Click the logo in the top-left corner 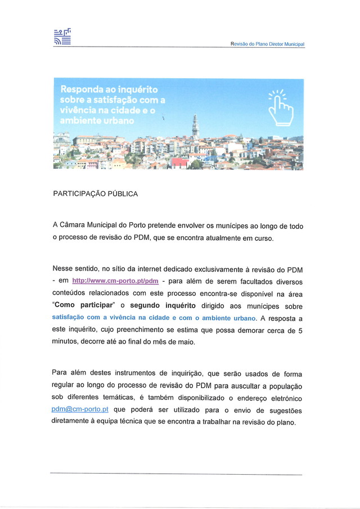click(x=62, y=37)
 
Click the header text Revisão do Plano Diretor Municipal click(x=267, y=44)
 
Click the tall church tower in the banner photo click(x=195, y=127)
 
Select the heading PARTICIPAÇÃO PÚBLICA click(x=95, y=194)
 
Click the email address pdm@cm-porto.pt click(x=80, y=410)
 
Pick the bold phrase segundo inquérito click(x=163, y=305)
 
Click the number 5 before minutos click(x=300, y=330)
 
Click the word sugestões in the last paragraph click(x=283, y=410)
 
